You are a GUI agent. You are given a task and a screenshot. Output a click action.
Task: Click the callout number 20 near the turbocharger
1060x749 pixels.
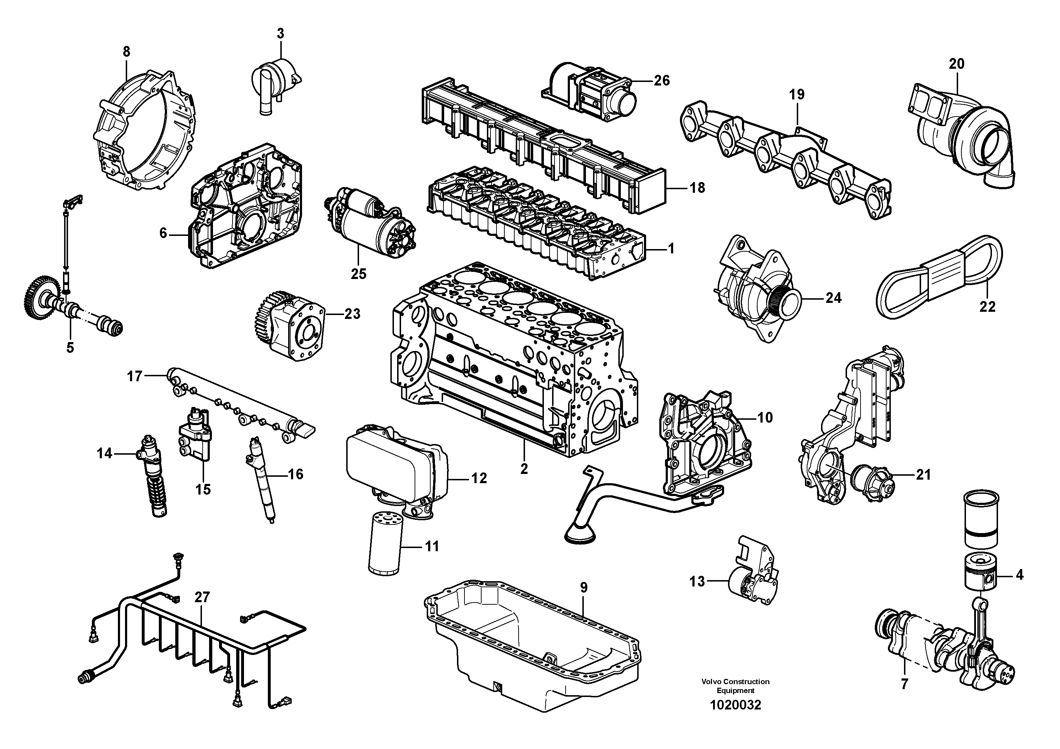956,64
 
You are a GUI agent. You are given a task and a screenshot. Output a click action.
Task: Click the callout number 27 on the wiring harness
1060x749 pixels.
202,597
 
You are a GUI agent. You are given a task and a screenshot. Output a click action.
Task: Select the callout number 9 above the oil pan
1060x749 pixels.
583,588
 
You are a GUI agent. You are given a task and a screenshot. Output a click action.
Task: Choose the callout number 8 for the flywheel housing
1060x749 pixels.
126,52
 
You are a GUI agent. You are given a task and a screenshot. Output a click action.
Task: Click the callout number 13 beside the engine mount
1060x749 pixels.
697,582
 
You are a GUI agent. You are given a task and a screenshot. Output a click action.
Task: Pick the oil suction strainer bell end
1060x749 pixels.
580,536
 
